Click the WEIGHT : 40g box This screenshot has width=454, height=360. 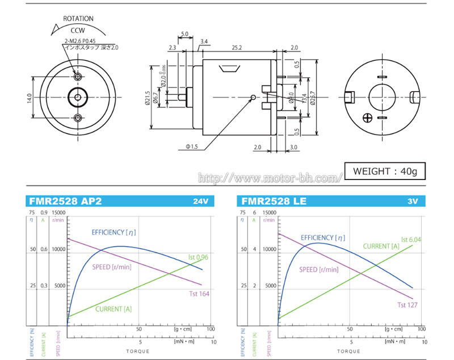point(384,171)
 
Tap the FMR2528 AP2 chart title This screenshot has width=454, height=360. point(64,201)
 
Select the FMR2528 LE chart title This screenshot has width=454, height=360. point(274,201)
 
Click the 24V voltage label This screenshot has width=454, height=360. point(201,202)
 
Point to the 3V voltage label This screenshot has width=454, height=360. point(412,202)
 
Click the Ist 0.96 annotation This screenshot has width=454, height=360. point(199,257)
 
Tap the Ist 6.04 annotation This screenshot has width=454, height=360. point(411,240)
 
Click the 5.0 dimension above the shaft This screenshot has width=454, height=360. point(184,34)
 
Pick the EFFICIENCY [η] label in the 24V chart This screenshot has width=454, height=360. point(113,232)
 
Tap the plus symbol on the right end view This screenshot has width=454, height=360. point(368,118)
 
